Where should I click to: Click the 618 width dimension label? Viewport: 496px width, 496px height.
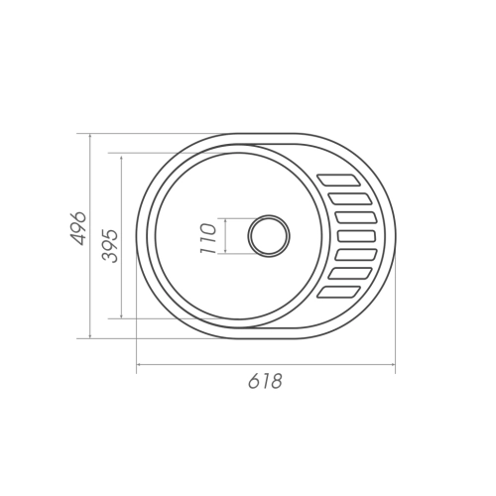pos(265,381)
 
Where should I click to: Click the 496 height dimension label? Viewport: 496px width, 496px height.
pos(78,228)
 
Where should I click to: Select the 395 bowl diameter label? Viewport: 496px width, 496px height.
pos(110,246)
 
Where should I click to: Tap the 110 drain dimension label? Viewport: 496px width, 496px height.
pos(208,238)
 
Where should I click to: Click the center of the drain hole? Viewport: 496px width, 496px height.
pos(269,236)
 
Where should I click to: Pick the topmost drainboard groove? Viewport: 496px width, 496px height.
pos(338,180)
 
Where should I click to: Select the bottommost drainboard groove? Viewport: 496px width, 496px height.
pos(338,293)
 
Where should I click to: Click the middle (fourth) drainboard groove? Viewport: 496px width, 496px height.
pos(357,236)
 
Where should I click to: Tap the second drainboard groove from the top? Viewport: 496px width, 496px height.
pos(350,198)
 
